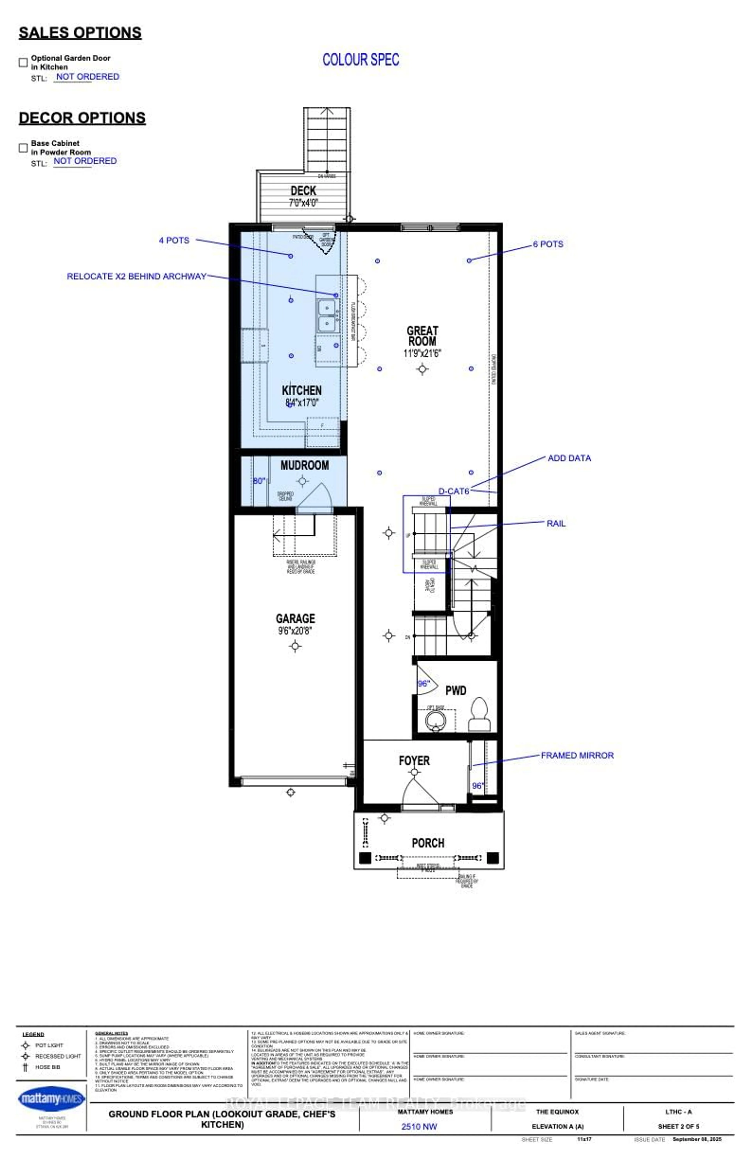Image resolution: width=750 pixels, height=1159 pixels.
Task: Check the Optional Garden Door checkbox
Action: coord(23,62)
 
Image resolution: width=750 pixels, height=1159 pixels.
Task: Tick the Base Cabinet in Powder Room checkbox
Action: coord(23,148)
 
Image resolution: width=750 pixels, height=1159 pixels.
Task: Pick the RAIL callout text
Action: coord(556,524)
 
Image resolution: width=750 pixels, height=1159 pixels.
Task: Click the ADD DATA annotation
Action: coord(569,458)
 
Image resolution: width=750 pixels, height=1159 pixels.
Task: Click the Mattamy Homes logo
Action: coord(51,1099)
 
